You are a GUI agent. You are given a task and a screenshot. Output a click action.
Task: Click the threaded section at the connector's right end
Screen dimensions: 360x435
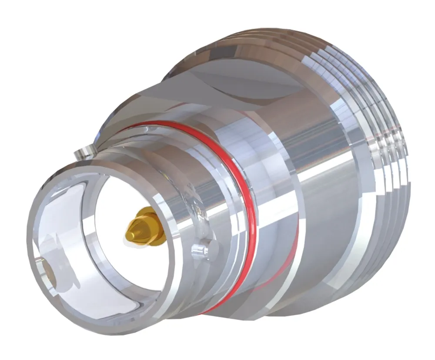click(383, 165)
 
